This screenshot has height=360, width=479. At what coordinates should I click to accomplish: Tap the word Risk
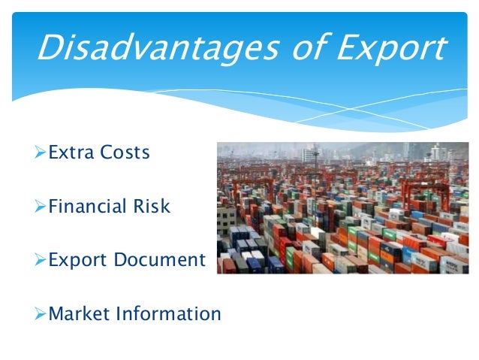(152, 206)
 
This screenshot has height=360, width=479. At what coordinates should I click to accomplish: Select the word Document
(159, 260)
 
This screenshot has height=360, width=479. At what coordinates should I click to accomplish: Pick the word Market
(78, 313)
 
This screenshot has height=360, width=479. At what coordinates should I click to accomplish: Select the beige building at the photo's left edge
(225, 218)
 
